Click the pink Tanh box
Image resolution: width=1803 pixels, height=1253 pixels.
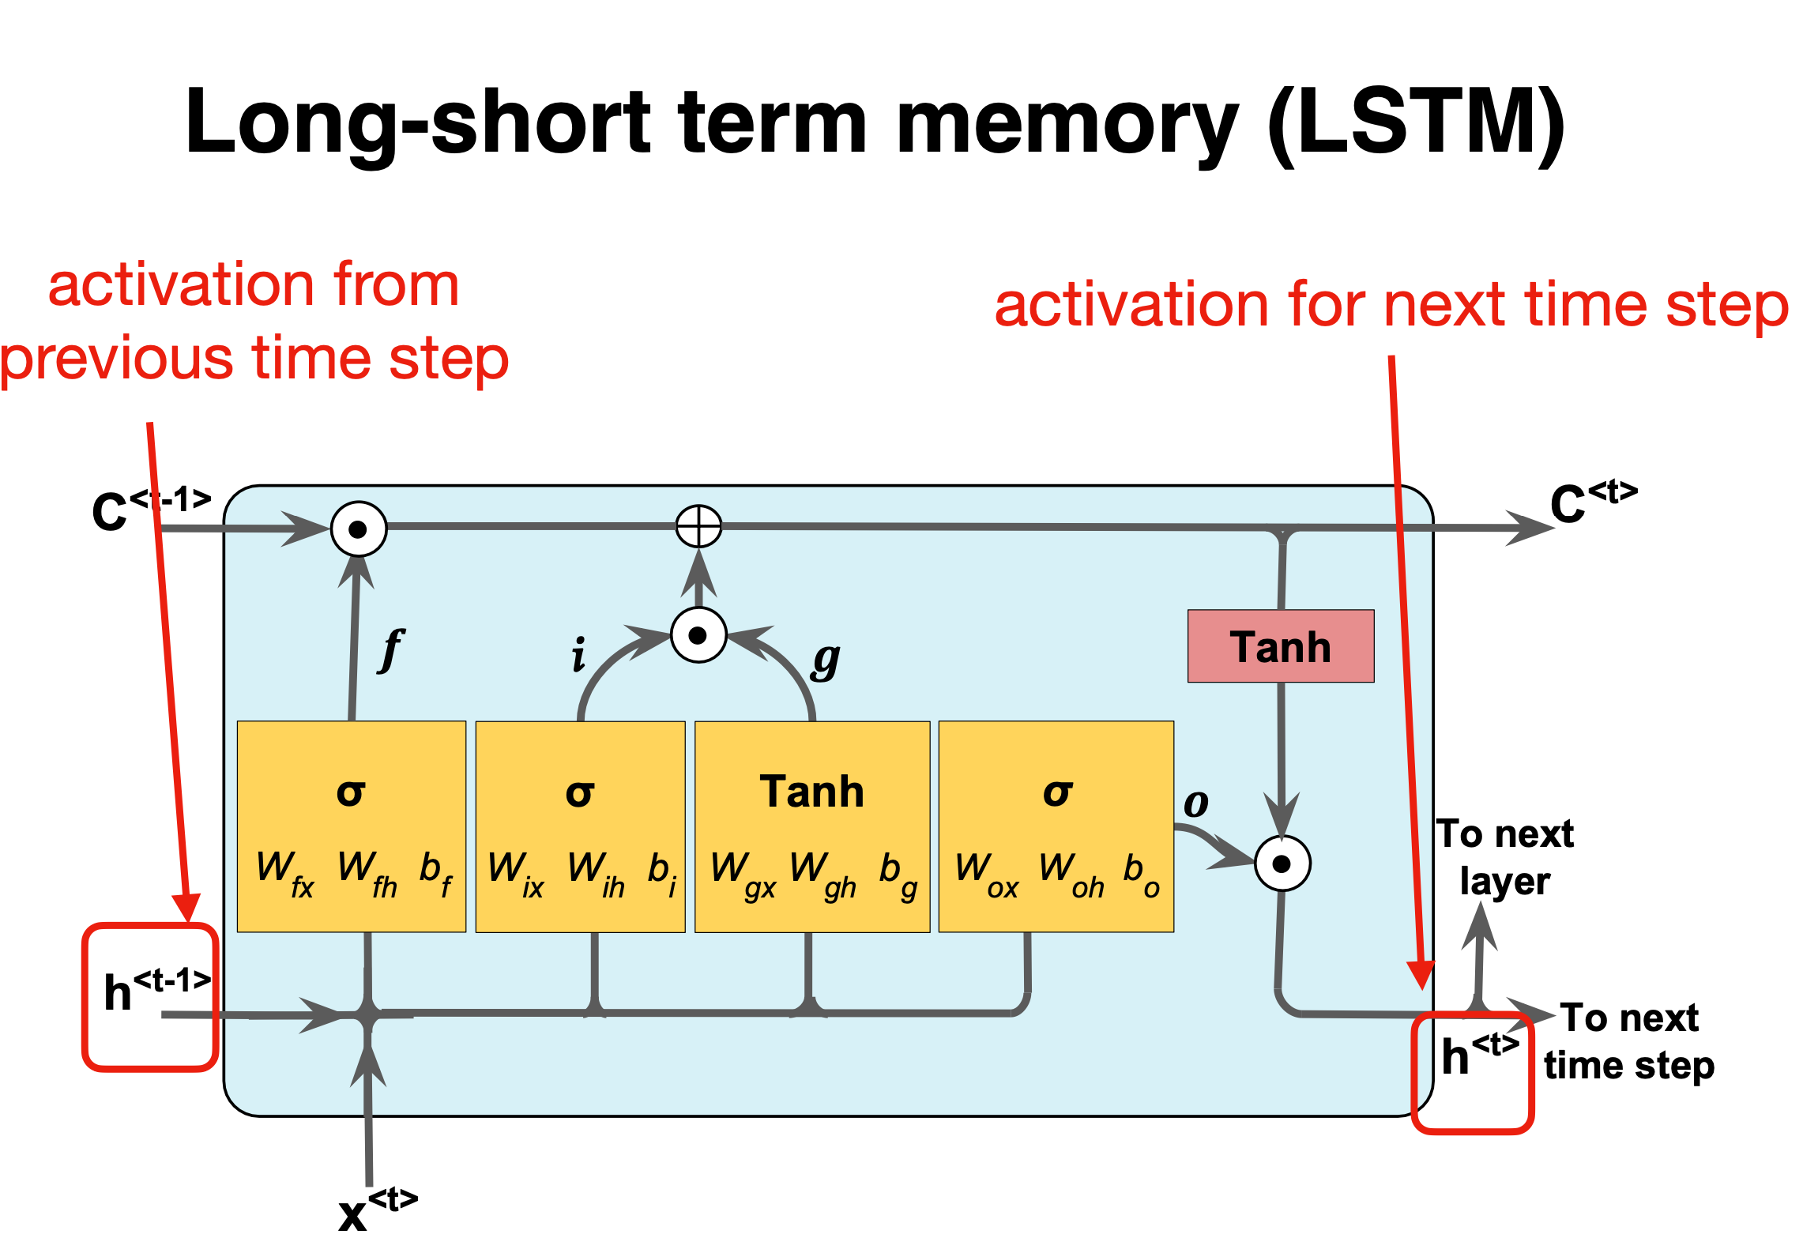click(1280, 646)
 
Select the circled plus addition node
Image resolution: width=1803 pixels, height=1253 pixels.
click(698, 526)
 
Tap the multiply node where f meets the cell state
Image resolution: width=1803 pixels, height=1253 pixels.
click(359, 529)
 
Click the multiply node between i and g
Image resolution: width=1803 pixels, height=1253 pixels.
click(698, 635)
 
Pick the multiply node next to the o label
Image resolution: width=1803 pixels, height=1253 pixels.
click(1282, 864)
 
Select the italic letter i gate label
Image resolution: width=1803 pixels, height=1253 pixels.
click(579, 655)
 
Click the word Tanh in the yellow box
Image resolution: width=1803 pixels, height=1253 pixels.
click(811, 792)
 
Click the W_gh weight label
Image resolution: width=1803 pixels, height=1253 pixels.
click(822, 874)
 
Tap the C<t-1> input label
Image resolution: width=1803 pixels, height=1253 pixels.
click(150, 507)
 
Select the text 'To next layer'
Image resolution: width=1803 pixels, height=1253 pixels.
click(1504, 857)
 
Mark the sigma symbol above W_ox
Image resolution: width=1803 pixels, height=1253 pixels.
click(1057, 792)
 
